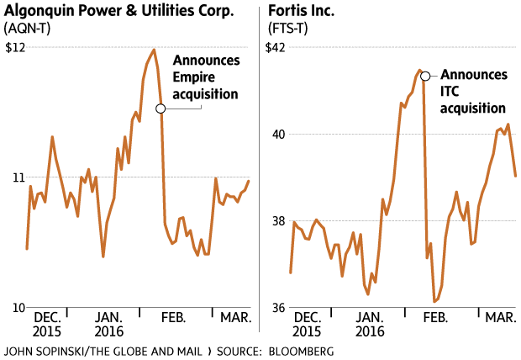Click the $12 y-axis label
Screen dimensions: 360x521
[14, 47]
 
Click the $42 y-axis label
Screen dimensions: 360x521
[276, 47]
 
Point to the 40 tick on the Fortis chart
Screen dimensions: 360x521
[278, 134]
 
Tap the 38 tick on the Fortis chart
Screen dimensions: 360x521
[278, 221]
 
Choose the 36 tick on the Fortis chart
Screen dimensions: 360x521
[278, 308]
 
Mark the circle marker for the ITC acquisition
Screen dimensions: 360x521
[425, 76]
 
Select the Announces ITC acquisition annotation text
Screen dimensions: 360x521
[473, 91]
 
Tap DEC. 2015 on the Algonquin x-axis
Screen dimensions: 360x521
[46, 325]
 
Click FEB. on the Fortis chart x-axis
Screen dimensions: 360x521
[434, 318]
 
